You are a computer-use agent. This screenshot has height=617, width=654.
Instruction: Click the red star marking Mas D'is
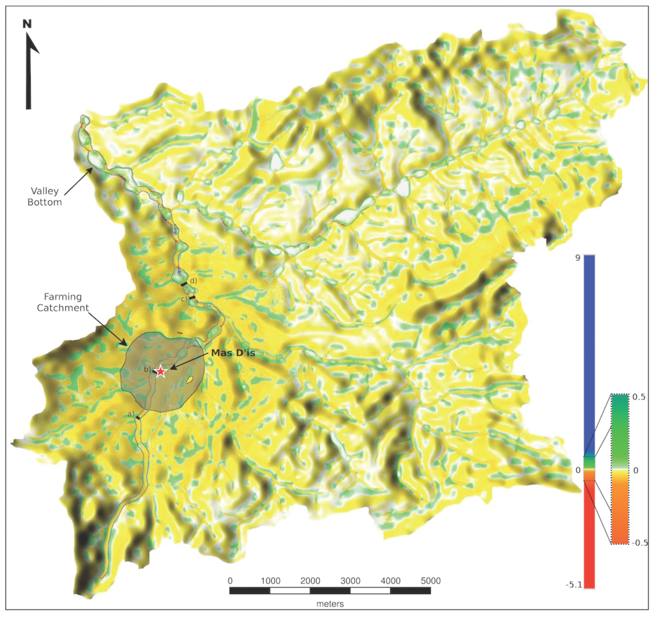[x=160, y=371]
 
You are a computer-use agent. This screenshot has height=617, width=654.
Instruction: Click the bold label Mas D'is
[x=233, y=353]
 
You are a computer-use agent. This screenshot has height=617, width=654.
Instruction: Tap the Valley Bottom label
[x=45, y=196]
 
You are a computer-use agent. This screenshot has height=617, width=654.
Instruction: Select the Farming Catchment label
[x=63, y=302]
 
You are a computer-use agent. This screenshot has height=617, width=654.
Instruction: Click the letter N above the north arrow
[x=27, y=24]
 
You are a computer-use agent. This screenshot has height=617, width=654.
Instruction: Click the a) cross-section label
[x=131, y=414]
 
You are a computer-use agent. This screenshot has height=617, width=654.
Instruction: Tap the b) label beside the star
[x=147, y=369]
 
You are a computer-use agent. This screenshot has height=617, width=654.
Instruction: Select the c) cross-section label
[x=184, y=299]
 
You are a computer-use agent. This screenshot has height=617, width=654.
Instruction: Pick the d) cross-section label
[x=193, y=280]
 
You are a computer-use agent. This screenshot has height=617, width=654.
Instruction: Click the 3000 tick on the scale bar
[x=350, y=581]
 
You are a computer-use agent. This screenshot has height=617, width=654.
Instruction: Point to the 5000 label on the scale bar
[x=430, y=581]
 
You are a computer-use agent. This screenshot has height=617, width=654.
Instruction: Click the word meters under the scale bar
[x=330, y=604]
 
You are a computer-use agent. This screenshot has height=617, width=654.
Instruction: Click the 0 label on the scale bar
[x=230, y=581]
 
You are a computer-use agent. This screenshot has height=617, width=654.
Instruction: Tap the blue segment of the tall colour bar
[x=589, y=345]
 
